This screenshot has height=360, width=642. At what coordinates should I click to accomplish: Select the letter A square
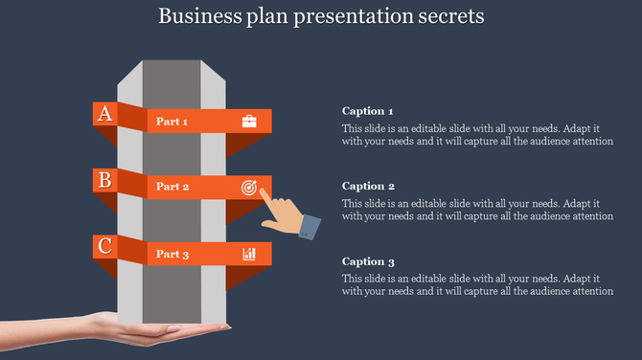click(x=105, y=114)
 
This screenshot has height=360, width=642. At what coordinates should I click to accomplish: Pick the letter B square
click(x=105, y=180)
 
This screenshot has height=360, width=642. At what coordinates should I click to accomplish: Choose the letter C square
click(x=105, y=246)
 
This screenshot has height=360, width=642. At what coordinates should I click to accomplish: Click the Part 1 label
click(x=172, y=122)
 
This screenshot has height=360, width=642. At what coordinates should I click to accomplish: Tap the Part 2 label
click(x=172, y=188)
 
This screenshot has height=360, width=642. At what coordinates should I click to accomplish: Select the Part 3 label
click(x=172, y=254)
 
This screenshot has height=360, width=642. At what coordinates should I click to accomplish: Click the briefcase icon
click(x=249, y=122)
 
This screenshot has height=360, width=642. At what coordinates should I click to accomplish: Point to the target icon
click(x=249, y=188)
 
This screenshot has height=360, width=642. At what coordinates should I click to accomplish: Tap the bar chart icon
click(x=249, y=254)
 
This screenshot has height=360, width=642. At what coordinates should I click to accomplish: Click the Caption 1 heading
click(x=368, y=111)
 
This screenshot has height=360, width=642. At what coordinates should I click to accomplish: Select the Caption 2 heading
click(x=368, y=187)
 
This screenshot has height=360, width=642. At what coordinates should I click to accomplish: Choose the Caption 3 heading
click(x=368, y=261)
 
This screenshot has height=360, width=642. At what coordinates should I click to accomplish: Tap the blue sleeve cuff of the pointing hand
click(x=309, y=227)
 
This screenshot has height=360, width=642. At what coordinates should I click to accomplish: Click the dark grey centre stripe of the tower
click(x=172, y=287)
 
